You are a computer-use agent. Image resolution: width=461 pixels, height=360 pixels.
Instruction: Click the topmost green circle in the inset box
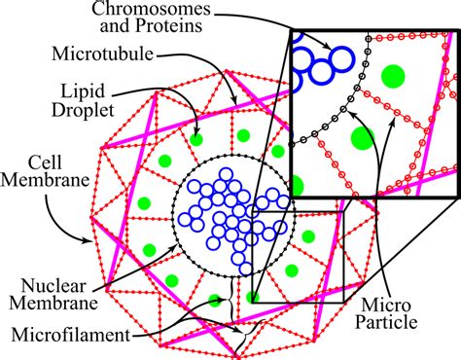392,74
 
